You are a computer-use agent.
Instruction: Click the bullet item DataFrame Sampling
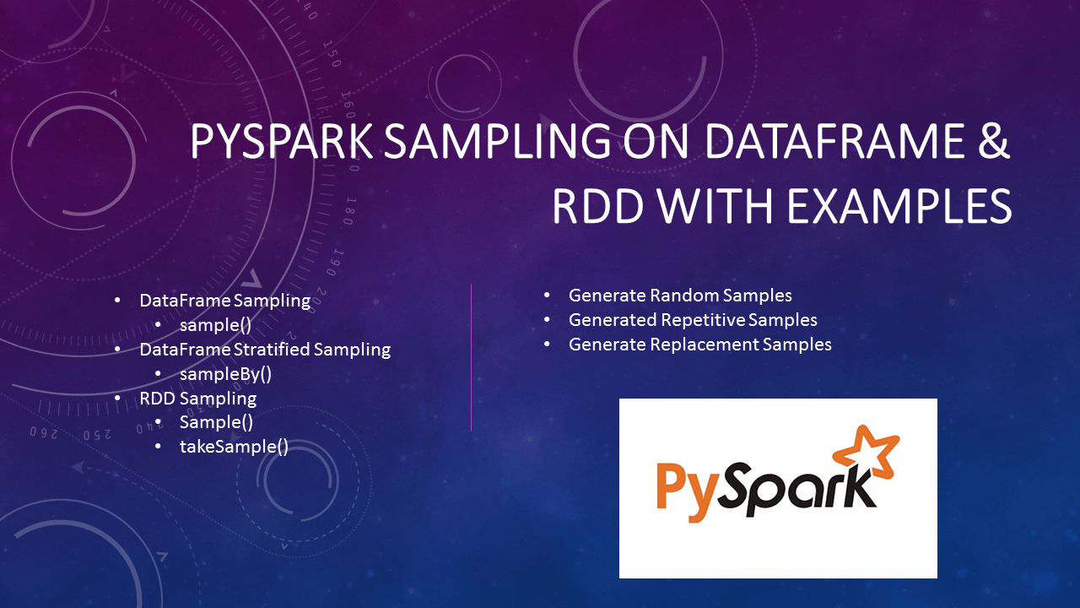(x=225, y=301)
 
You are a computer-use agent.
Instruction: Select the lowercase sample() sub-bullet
(x=216, y=325)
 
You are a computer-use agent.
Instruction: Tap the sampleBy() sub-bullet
(x=225, y=373)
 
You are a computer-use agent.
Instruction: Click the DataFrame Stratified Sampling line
(x=265, y=349)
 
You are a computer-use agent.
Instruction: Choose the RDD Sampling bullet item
(x=198, y=398)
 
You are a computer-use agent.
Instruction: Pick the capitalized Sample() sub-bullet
(x=216, y=422)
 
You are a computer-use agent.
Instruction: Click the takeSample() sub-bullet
(x=234, y=447)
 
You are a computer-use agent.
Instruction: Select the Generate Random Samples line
(x=680, y=296)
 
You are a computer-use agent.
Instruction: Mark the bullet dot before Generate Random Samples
(x=547, y=296)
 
